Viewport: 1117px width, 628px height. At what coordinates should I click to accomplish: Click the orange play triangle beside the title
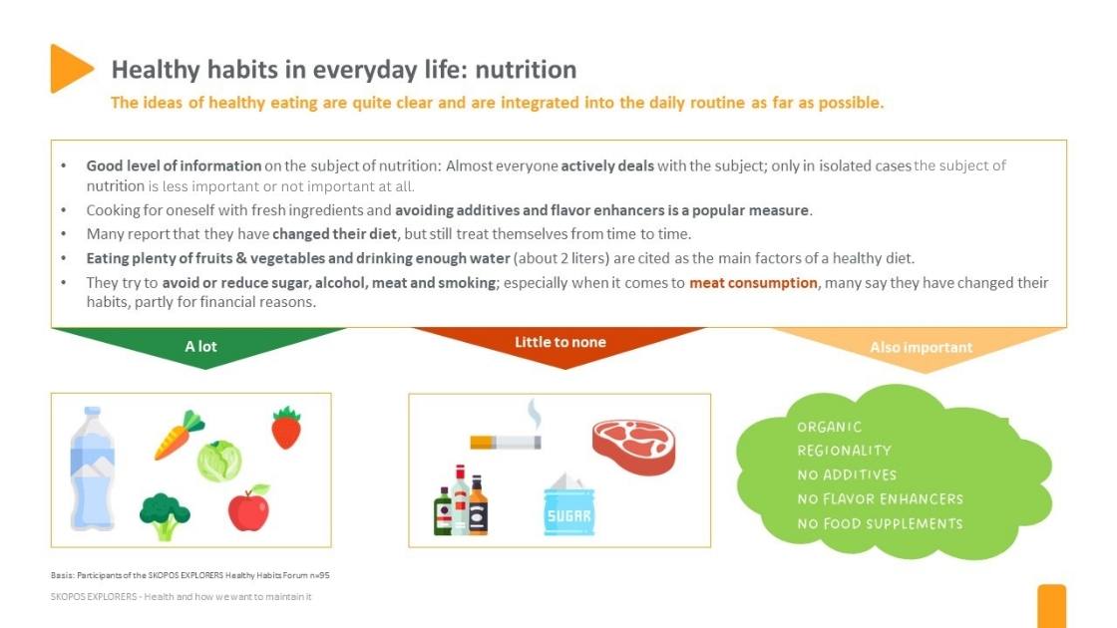(69, 69)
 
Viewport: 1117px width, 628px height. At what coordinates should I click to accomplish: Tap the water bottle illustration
(92, 468)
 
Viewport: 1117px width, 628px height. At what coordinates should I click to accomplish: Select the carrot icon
(179, 436)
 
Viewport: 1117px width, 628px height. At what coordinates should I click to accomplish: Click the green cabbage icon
(218, 461)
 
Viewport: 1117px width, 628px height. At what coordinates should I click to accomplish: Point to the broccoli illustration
(165, 515)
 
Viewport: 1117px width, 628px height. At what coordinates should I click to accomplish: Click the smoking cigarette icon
(507, 434)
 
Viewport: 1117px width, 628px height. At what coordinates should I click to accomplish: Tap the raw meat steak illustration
(633, 445)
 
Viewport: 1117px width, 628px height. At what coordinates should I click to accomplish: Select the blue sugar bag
(568, 508)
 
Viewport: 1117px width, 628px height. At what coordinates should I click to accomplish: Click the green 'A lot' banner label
(200, 347)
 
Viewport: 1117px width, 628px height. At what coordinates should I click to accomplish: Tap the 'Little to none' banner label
(559, 342)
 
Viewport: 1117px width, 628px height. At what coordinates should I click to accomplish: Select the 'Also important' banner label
(921, 348)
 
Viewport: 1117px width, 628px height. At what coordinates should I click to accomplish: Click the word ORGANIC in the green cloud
(830, 427)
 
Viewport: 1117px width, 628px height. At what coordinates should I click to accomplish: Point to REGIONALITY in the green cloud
(844, 451)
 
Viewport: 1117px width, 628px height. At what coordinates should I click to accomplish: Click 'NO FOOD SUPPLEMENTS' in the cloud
(880, 523)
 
